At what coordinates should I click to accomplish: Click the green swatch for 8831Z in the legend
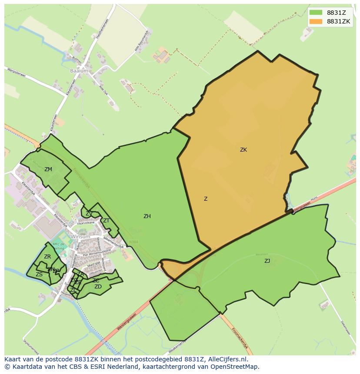(x=316, y=12)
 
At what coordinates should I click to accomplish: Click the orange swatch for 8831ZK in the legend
(x=316, y=21)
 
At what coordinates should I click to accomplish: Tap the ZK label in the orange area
(x=243, y=150)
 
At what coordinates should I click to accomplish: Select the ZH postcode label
(x=147, y=216)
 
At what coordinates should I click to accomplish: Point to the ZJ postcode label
(x=267, y=261)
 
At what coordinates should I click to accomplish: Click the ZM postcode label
(x=48, y=169)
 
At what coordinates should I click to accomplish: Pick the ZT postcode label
(x=106, y=221)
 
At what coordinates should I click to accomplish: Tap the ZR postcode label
(x=47, y=257)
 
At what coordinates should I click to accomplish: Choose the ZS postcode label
(x=39, y=275)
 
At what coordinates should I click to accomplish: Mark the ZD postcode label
(x=98, y=287)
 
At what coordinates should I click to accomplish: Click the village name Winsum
(x=80, y=237)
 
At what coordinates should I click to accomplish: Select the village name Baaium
(x=79, y=70)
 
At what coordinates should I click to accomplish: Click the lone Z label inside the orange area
(x=206, y=199)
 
